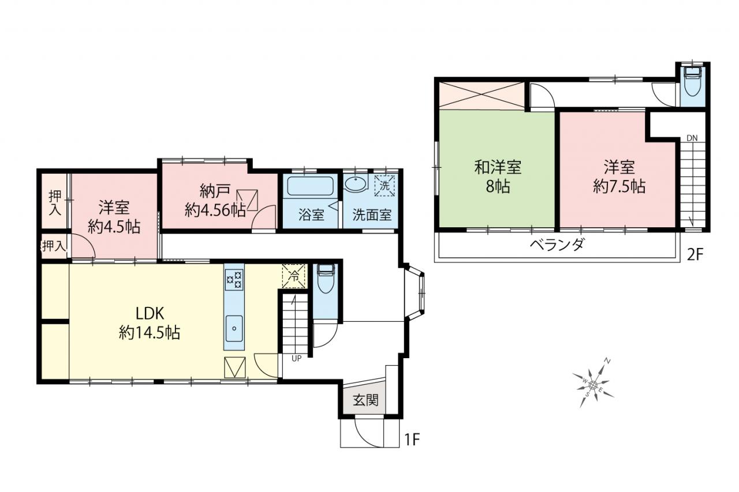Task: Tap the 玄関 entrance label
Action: (x=365, y=400)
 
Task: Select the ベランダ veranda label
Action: (x=557, y=245)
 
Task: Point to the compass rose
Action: (x=593, y=384)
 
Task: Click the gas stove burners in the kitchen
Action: (x=234, y=280)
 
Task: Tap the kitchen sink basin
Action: (x=234, y=329)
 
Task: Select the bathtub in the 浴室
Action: (x=310, y=186)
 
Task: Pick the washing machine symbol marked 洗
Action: (x=385, y=186)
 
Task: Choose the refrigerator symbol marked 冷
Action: (x=294, y=276)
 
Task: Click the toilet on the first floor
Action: (x=325, y=279)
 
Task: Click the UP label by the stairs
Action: (x=296, y=359)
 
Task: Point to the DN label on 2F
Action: (x=692, y=138)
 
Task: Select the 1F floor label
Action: (x=412, y=440)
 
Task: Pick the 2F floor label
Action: (x=695, y=254)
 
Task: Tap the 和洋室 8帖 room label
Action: (x=498, y=176)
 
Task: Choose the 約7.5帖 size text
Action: (x=619, y=187)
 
